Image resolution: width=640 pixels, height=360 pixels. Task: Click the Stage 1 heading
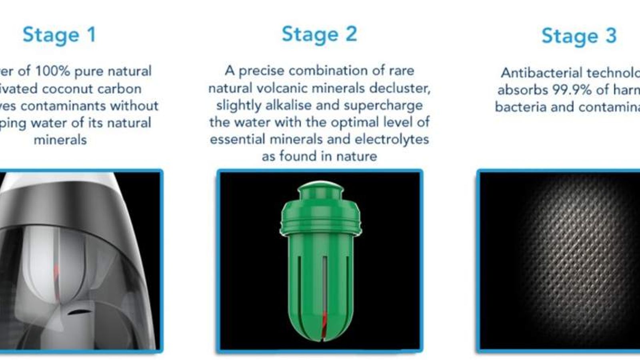[59, 35]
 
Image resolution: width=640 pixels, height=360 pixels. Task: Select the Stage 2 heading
[319, 34]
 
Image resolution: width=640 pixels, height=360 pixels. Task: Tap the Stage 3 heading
[579, 36]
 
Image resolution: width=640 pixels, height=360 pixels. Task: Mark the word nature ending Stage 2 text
[356, 156]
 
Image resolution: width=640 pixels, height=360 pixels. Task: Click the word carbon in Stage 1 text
[122, 89]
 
